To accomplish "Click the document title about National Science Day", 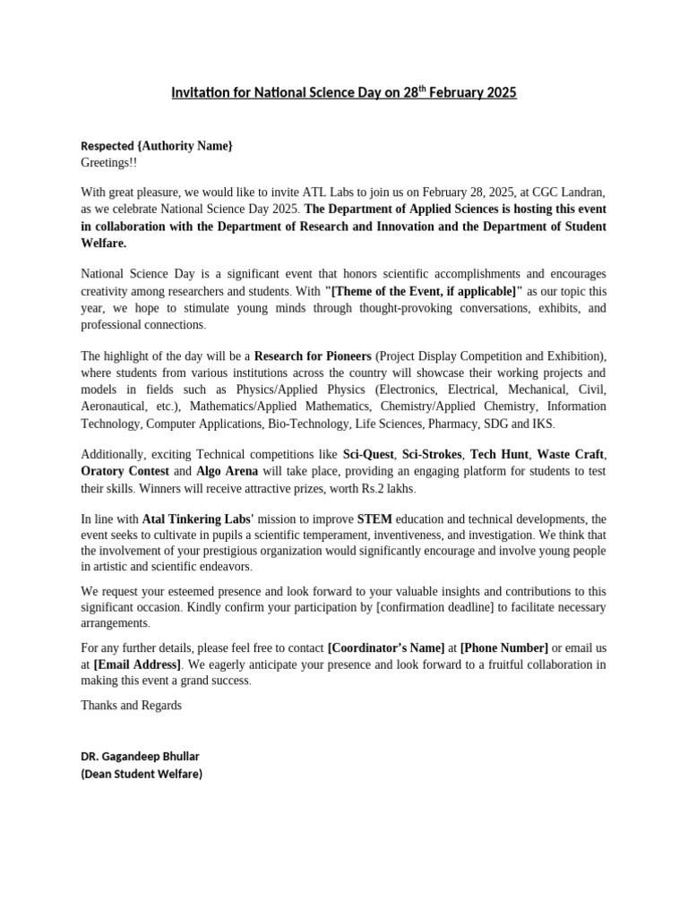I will (x=344, y=92).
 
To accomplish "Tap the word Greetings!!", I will (x=109, y=163).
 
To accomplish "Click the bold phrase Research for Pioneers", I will (x=313, y=356).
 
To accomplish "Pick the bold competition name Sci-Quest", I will (x=368, y=455).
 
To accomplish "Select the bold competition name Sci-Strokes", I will (x=433, y=455).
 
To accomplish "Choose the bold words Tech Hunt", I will (x=499, y=455).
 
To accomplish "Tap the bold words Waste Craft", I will (x=571, y=455).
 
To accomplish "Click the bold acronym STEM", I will (x=374, y=518).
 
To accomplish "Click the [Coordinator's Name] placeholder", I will (x=386, y=647).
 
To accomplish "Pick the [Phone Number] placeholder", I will (x=503, y=647).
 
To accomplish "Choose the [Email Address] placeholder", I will (x=137, y=664).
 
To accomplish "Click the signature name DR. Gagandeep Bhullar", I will (x=140, y=757).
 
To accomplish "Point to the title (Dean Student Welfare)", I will (x=142, y=774).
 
